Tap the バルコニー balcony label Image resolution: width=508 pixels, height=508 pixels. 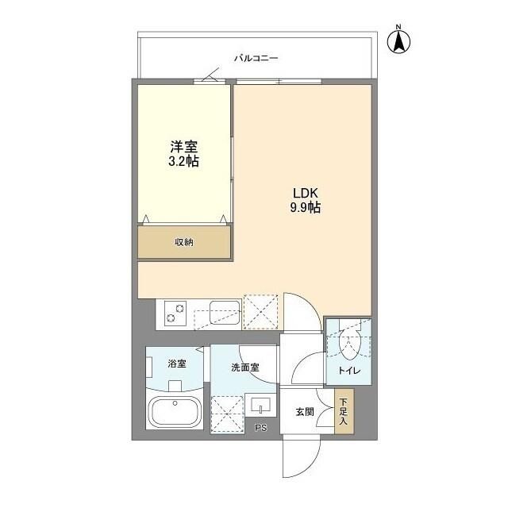tap(256, 58)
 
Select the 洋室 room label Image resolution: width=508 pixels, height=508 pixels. tap(183, 147)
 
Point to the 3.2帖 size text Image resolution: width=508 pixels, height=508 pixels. tap(183, 162)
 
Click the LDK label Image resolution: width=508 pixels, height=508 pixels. tap(305, 193)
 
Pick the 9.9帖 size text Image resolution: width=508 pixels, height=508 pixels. tap(305, 208)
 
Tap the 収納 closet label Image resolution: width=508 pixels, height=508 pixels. tap(184, 242)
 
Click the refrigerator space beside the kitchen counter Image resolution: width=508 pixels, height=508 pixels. tap(260, 311)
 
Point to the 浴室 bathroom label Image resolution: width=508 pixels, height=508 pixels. tap(176, 364)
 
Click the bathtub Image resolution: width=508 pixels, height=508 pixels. tap(175, 413)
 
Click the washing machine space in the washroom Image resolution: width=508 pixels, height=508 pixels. tap(227, 413)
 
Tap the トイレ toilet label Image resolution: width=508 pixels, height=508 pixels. tap(348, 370)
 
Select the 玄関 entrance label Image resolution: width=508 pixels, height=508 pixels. tap(305, 411)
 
